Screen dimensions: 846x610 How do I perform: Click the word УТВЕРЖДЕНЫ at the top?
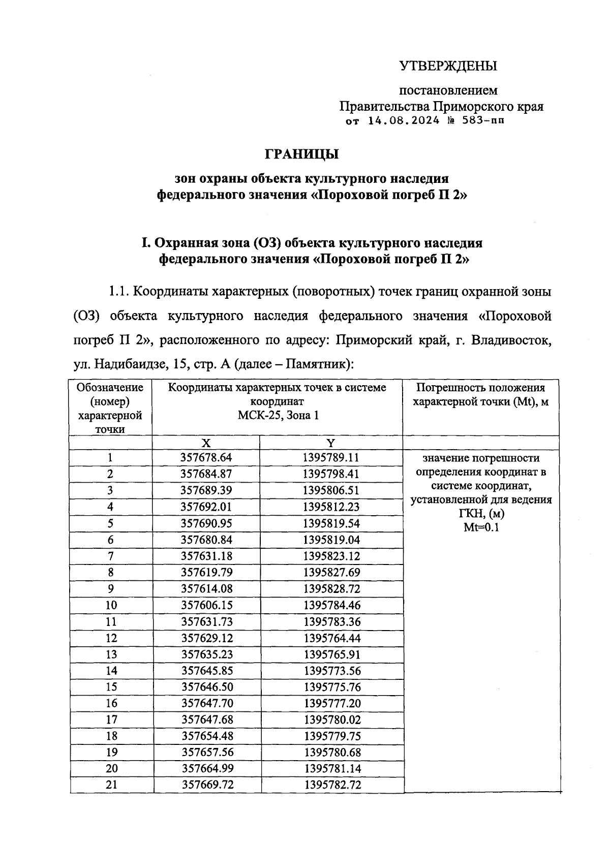448,66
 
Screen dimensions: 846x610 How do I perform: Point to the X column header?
206,443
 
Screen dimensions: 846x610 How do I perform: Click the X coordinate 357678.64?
206,457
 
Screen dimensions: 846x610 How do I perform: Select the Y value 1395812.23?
331,507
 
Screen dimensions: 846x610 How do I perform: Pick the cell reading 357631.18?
206,556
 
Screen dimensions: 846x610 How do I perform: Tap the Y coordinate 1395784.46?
332,605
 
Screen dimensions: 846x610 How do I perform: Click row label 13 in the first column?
111,654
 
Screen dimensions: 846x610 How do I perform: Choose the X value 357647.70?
207,704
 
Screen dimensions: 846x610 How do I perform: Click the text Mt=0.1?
481,527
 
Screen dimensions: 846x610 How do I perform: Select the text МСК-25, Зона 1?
278,416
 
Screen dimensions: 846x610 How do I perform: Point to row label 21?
111,785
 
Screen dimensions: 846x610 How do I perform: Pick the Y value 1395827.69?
332,573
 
